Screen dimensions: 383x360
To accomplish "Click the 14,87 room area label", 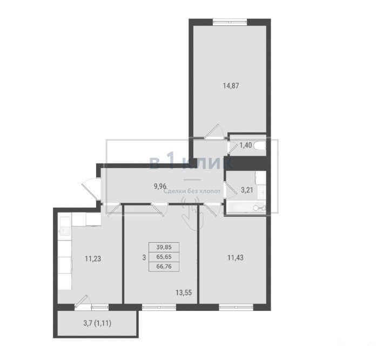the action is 231,86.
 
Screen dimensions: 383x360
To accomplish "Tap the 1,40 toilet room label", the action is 245,145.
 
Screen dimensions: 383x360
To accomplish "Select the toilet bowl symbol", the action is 260,146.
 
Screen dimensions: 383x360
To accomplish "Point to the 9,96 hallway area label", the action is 160,186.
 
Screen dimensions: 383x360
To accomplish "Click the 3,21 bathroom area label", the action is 247,190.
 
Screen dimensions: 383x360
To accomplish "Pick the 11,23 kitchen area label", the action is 93,258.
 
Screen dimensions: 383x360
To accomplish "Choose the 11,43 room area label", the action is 236,258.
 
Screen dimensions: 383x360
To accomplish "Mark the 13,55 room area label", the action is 184,292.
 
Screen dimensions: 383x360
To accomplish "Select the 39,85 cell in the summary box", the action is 164,247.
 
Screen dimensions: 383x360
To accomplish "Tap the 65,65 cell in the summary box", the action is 164,257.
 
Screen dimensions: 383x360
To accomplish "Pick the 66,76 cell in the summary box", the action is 164,266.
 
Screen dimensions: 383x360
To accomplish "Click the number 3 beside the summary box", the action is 144,257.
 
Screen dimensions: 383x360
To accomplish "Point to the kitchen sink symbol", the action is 64,230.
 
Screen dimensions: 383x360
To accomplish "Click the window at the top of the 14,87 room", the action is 230,22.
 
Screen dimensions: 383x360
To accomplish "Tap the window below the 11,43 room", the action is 236,307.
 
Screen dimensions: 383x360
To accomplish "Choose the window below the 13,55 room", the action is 159,307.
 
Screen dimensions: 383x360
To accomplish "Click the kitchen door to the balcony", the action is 83,301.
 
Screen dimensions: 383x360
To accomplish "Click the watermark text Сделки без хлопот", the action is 192,191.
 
